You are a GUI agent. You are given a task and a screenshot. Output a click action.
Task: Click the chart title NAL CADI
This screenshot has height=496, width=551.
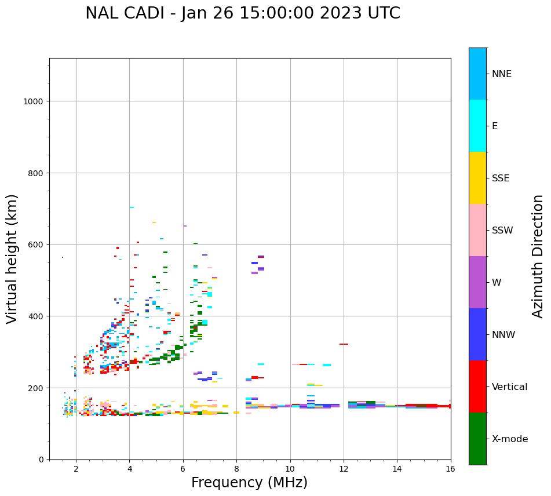click(x=242, y=13)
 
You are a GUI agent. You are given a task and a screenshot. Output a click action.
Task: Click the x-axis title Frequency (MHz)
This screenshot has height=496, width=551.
click(x=249, y=483)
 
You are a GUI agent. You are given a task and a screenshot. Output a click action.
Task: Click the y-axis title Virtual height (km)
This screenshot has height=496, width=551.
click(x=12, y=258)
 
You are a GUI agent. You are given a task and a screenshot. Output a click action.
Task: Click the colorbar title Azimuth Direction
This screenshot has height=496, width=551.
click(x=538, y=256)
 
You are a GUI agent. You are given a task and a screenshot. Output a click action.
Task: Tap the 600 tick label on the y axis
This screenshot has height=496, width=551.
click(x=38, y=245)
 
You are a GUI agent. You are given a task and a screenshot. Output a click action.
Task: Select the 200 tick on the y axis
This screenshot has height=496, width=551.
click(x=38, y=388)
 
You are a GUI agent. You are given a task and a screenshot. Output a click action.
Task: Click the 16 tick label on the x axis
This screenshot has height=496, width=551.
click(x=451, y=469)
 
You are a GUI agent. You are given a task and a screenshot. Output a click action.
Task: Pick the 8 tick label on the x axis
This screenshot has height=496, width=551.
click(x=236, y=469)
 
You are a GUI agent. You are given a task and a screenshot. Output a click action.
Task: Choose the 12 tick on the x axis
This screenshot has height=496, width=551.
click(x=344, y=469)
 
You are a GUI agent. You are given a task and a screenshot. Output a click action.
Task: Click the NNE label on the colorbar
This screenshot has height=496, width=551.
click(x=502, y=74)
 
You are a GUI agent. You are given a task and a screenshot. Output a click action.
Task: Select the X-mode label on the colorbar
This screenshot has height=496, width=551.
click(x=510, y=439)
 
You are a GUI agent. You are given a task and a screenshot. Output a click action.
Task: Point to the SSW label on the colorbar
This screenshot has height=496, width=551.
click(x=502, y=231)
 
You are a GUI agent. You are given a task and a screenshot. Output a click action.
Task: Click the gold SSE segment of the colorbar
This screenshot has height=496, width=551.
click(x=477, y=178)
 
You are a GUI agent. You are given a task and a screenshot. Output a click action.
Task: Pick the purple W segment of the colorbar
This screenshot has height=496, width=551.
click(x=477, y=282)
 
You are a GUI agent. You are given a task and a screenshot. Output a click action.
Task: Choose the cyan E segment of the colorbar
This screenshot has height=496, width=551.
click(x=477, y=126)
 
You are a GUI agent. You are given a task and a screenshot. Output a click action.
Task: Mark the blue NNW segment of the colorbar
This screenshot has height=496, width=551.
click(x=477, y=334)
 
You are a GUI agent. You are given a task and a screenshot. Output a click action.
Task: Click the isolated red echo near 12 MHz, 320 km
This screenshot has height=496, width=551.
click(x=344, y=344)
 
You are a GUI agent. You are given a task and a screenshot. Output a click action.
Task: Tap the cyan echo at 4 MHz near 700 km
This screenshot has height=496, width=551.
click(x=132, y=207)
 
